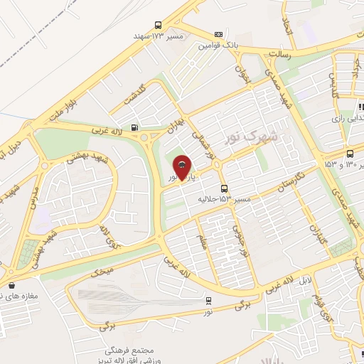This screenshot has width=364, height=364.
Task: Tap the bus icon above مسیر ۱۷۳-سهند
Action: point(158,25)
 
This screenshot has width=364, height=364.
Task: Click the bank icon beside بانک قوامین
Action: point(218,34)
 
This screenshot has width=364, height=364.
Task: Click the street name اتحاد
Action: point(286,29)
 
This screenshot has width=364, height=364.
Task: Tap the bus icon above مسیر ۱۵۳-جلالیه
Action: point(225,189)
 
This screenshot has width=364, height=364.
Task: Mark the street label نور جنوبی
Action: point(243,242)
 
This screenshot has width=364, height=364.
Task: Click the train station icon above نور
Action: point(208,300)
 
